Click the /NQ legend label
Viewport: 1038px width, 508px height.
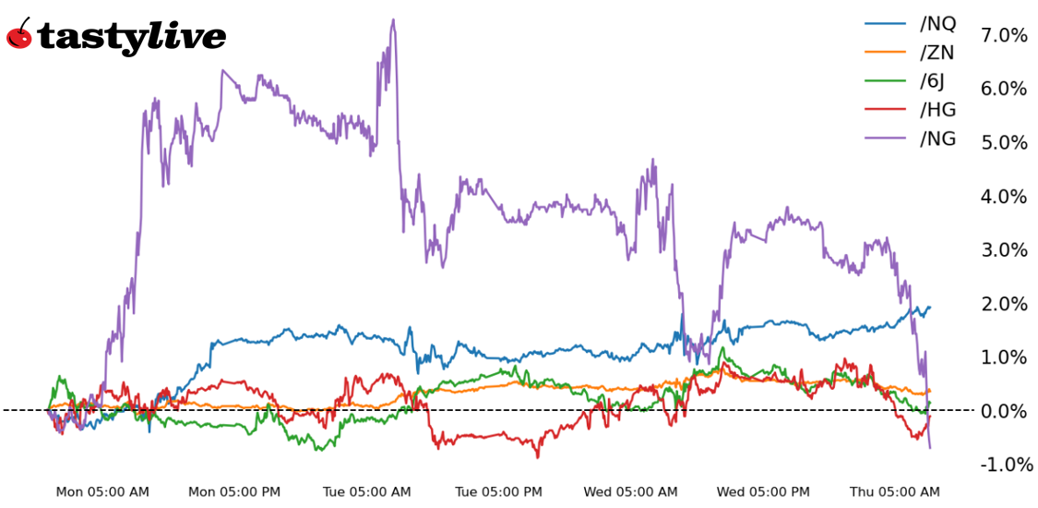point(937,24)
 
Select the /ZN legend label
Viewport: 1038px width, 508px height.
point(937,53)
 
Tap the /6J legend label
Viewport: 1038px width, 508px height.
point(933,81)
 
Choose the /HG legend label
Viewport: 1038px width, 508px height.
point(937,110)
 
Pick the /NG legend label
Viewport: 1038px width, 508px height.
point(937,139)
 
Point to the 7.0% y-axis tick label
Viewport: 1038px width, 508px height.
point(1004,35)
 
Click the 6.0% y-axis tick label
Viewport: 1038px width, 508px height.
point(1004,89)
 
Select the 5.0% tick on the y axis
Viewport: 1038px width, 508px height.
point(1004,142)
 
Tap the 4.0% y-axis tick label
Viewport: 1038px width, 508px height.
point(1004,196)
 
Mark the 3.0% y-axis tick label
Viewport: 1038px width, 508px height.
point(1004,249)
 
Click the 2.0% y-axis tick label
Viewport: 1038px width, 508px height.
point(1004,303)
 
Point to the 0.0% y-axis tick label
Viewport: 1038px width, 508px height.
point(1004,410)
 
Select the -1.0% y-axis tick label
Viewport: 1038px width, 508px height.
point(1002,464)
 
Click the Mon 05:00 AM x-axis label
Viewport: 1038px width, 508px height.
point(102,492)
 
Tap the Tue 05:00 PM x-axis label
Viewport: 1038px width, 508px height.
point(499,492)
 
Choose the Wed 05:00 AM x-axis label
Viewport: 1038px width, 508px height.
point(631,492)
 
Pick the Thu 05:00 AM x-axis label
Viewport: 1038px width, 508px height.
point(895,492)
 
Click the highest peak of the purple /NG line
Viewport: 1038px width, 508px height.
point(393,19)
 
